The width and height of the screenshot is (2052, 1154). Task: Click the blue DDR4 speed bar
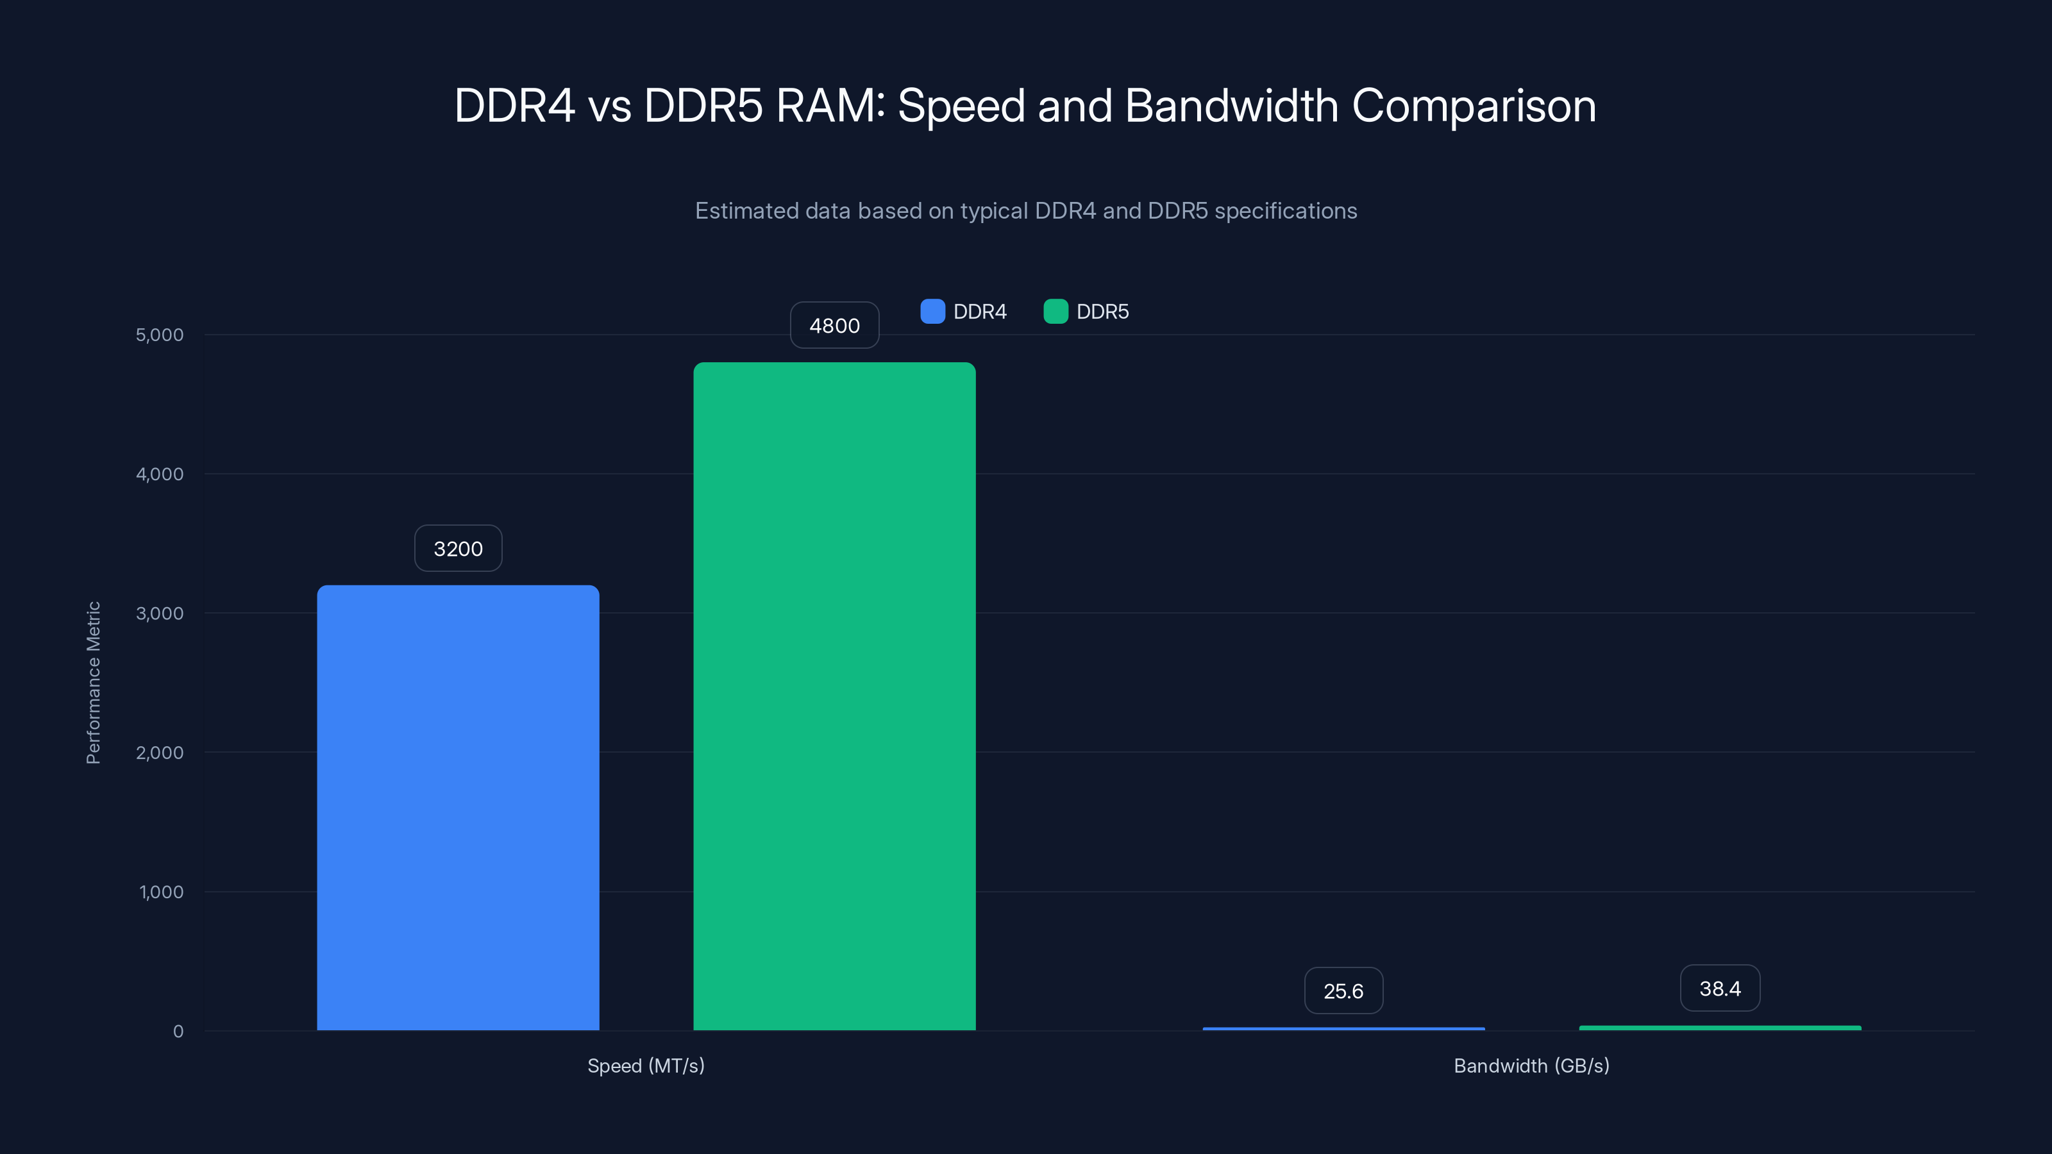coord(458,808)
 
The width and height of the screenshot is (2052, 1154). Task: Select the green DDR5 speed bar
coord(834,697)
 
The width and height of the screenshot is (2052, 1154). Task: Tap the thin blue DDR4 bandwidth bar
coord(1343,1028)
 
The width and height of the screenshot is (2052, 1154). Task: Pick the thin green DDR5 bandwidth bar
coord(1720,1027)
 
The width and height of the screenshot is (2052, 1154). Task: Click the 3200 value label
coord(458,549)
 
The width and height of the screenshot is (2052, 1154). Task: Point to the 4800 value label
coord(834,326)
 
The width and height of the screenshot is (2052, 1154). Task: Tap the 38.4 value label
coord(1720,989)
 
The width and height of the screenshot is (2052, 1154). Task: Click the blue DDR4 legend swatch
coord(932,312)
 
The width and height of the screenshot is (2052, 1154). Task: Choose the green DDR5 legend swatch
coord(1055,312)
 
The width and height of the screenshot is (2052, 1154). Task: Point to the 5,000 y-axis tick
coord(159,335)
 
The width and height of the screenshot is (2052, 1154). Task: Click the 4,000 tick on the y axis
coord(159,474)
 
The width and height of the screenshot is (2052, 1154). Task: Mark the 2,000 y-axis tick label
coord(159,753)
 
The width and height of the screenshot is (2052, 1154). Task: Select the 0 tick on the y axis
coord(178,1032)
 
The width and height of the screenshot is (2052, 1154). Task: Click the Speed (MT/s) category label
coord(646,1066)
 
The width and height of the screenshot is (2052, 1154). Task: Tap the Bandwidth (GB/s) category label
coord(1531,1066)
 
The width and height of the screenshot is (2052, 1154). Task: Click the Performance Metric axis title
coord(93,683)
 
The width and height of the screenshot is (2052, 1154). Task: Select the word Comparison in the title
coord(1474,106)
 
